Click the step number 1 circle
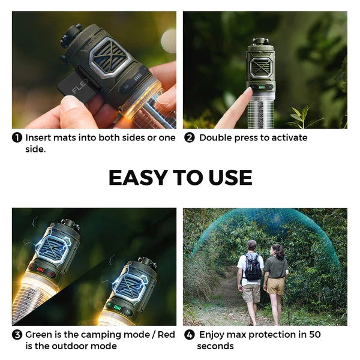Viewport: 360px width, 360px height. point(17,137)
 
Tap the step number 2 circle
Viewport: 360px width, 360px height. point(189,137)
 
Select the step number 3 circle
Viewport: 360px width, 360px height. point(17,334)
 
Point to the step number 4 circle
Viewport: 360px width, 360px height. point(189,334)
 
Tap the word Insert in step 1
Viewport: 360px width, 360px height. point(38,137)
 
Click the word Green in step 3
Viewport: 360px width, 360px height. point(39,334)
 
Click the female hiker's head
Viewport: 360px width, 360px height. point(277,249)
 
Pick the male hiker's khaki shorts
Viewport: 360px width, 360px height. point(251,292)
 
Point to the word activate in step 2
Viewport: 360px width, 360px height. point(287,137)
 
